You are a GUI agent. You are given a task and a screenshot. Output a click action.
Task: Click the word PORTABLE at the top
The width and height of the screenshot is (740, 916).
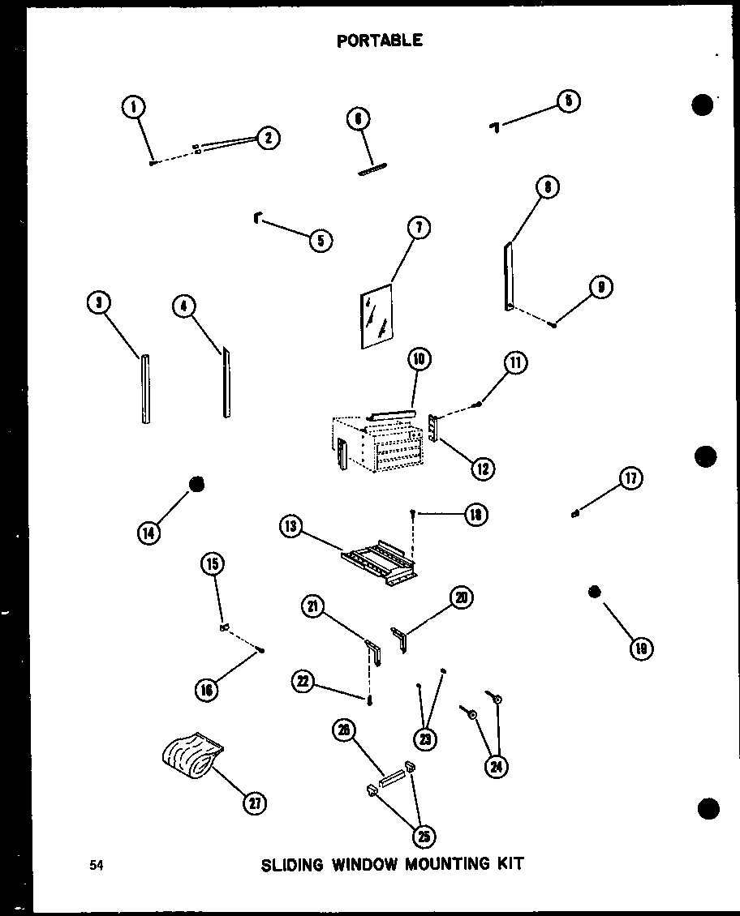pyautogui.click(x=380, y=40)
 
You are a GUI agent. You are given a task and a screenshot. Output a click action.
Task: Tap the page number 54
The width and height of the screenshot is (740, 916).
pyautogui.click(x=97, y=865)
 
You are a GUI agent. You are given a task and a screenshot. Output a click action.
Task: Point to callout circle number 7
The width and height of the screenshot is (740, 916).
pyautogui.click(x=418, y=228)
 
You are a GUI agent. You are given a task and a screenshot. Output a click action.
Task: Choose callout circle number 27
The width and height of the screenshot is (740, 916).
pyautogui.click(x=256, y=803)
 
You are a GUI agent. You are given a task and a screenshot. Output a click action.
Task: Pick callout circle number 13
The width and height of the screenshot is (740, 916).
pyautogui.click(x=290, y=528)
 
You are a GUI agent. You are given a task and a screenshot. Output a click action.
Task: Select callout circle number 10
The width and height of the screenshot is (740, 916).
pyautogui.click(x=419, y=359)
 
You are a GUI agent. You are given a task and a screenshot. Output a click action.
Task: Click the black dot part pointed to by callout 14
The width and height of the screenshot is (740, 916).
pyautogui.click(x=196, y=485)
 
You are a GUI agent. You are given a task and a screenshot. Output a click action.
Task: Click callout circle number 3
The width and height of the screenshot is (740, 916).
pyautogui.click(x=99, y=303)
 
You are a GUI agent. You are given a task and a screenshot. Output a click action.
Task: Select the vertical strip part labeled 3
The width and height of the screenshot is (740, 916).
pyautogui.click(x=145, y=390)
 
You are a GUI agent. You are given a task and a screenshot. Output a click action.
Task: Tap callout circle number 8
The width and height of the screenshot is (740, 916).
pyautogui.click(x=548, y=188)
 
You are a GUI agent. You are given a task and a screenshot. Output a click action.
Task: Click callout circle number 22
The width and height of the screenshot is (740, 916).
pyautogui.click(x=303, y=683)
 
